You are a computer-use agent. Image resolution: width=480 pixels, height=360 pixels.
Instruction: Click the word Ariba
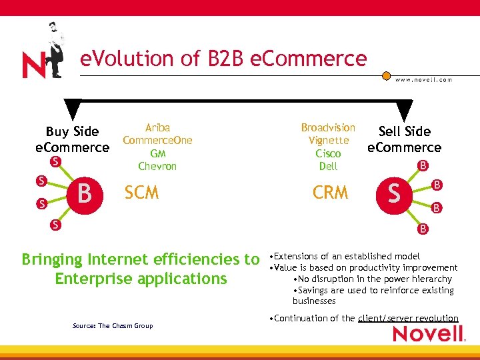157,127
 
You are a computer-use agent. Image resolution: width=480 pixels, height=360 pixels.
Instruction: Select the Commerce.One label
157,140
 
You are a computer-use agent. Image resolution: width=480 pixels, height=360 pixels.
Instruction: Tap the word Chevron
157,166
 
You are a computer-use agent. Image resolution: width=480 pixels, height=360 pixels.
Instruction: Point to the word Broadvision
328,127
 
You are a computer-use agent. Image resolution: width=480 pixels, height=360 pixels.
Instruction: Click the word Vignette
329,140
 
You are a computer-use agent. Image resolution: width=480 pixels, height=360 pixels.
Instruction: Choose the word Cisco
328,153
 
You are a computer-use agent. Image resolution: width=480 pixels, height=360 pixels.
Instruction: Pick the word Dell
328,166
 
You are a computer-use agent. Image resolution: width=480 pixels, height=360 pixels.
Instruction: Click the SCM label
141,193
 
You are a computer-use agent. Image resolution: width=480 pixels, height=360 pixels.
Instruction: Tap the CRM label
331,193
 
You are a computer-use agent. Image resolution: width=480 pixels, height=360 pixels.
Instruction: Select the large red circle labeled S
395,193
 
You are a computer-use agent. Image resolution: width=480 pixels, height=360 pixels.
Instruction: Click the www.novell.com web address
423,80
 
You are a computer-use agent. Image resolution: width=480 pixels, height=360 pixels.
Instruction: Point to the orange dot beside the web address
386,76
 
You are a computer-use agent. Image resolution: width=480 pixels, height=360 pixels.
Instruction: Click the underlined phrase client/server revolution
408,319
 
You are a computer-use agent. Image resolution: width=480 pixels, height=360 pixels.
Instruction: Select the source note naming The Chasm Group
113,326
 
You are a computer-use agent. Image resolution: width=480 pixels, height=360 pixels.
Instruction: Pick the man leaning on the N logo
55,51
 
